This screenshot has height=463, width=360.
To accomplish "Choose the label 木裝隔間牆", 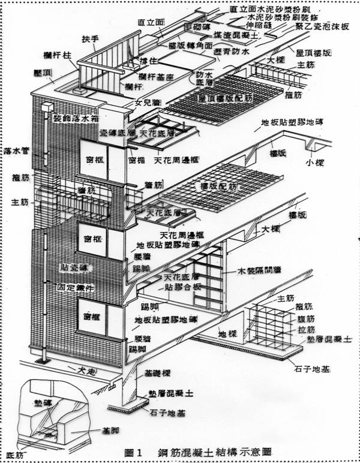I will click(264, 272).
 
